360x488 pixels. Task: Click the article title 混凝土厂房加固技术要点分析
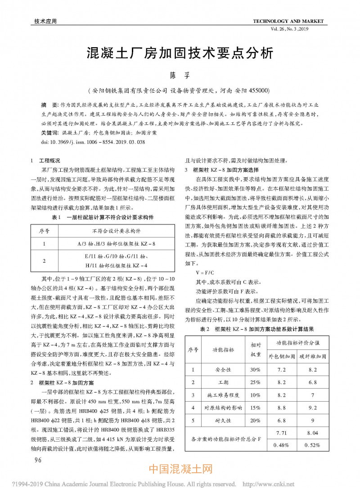coord(180,53)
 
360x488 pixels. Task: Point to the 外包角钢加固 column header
coord(282,356)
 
